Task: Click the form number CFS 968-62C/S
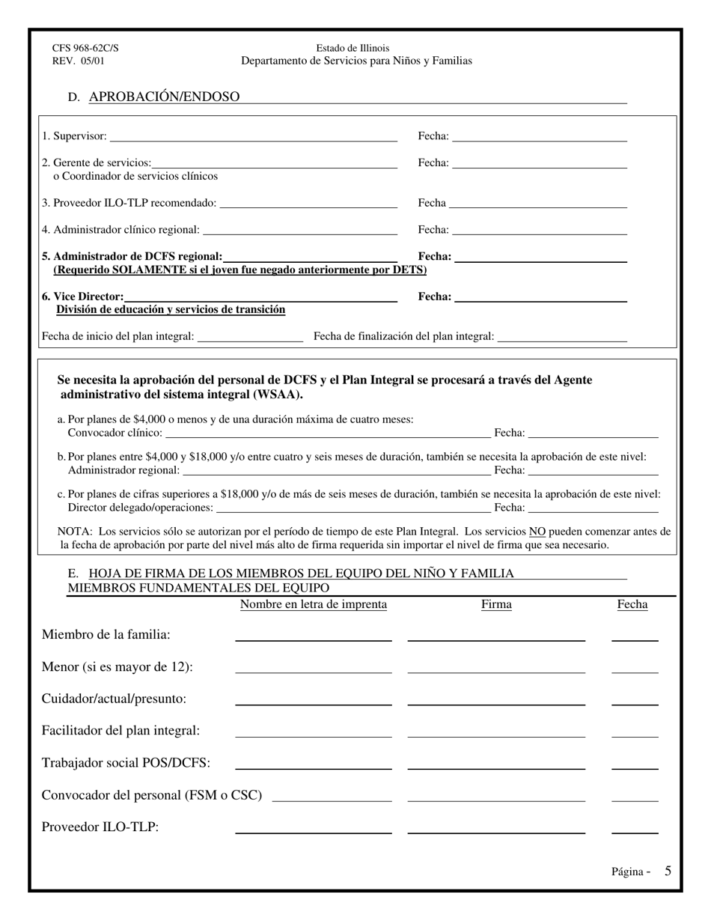click(x=85, y=48)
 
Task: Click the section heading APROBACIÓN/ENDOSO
click(x=164, y=97)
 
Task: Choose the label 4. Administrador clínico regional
click(x=120, y=230)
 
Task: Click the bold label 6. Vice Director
click(x=83, y=297)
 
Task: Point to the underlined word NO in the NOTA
click(x=537, y=532)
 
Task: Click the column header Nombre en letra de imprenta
click(x=314, y=604)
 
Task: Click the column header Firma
click(x=496, y=604)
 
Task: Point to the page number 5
click(x=668, y=871)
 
